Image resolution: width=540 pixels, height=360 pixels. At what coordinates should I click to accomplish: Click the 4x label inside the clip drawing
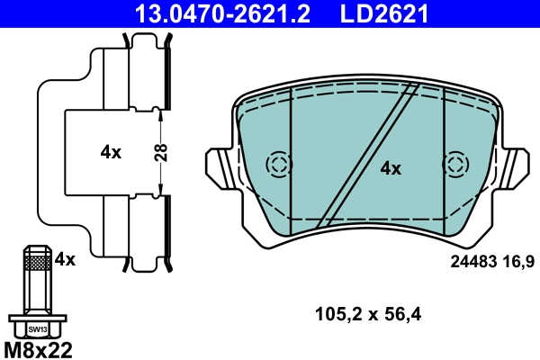click(111, 152)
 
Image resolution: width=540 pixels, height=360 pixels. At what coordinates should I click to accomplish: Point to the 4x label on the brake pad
click(391, 167)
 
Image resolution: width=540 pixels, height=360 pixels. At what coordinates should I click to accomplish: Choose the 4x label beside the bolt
click(65, 259)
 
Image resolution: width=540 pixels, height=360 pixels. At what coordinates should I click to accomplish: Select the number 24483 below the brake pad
click(472, 261)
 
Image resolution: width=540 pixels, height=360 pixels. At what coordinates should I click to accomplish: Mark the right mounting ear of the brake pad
click(516, 166)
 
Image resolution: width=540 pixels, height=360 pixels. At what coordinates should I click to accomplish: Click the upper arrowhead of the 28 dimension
click(161, 112)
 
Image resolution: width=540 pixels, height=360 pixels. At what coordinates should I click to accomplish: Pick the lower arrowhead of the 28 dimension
click(161, 190)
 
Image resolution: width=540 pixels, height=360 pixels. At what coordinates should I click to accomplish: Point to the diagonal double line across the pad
click(370, 153)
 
